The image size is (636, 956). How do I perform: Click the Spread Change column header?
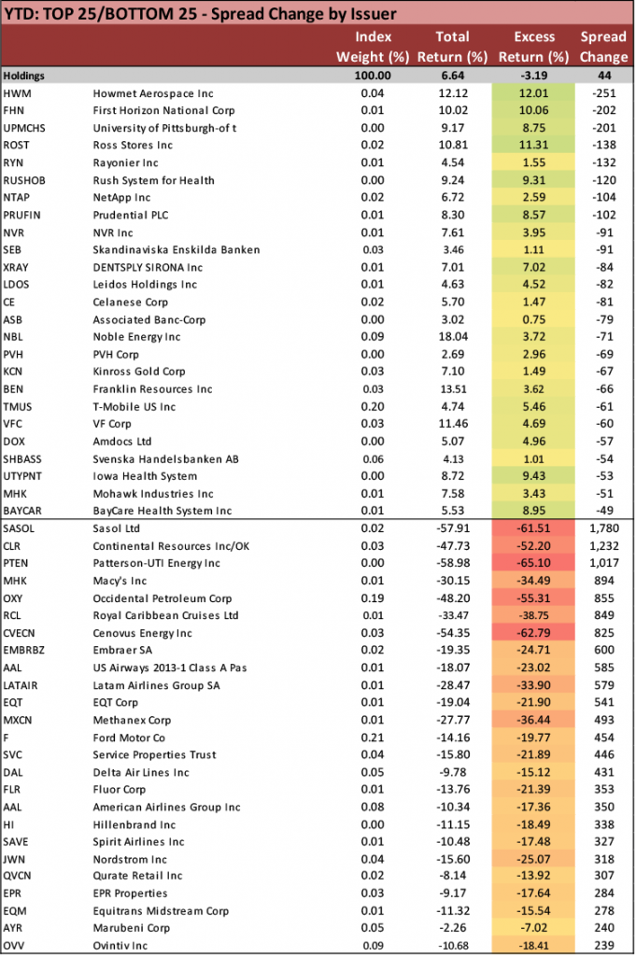(x=603, y=47)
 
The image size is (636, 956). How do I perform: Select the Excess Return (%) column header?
(x=533, y=47)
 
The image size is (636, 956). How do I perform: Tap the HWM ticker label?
(x=17, y=93)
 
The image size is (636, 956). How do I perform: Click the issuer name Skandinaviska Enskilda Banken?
(x=177, y=250)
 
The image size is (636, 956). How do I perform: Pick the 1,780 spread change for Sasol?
(x=604, y=528)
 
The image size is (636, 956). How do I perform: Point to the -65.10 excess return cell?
(x=533, y=563)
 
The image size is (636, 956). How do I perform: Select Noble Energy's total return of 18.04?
(x=452, y=337)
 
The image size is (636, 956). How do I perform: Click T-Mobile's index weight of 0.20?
(x=373, y=407)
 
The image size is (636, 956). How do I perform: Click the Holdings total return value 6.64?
(x=452, y=76)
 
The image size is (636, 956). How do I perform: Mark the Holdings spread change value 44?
(x=604, y=76)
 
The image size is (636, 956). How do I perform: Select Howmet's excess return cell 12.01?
(x=533, y=93)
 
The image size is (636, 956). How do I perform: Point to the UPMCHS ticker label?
(x=24, y=128)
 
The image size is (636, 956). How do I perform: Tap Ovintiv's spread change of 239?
(x=604, y=946)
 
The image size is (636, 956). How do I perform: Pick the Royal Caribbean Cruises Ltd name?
(x=165, y=616)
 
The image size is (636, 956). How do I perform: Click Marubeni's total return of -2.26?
(x=452, y=928)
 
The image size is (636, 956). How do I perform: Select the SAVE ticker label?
(x=16, y=842)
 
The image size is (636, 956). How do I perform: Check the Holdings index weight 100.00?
(x=373, y=76)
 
